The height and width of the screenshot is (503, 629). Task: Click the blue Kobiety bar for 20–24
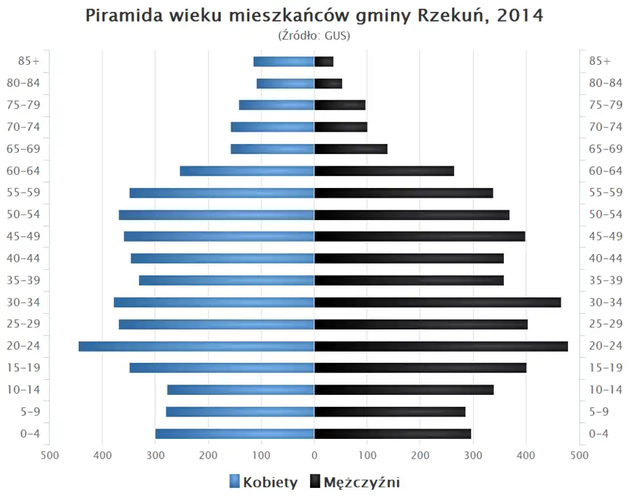196,346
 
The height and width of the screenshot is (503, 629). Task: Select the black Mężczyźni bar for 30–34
438,303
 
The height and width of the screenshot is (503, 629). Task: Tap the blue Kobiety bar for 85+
284,62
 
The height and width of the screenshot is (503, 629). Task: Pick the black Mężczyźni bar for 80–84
328,83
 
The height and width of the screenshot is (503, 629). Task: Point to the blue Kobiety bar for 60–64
247,171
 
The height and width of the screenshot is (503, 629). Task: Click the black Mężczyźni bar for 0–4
392,434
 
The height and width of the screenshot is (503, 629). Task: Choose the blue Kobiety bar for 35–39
227,280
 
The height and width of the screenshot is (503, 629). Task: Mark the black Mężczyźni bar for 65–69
351,149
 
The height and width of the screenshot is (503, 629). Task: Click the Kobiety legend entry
263,483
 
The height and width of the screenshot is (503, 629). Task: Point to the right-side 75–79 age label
605,105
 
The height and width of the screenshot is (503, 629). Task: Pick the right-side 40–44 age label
605,258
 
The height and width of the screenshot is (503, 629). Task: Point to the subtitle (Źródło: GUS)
314,35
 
